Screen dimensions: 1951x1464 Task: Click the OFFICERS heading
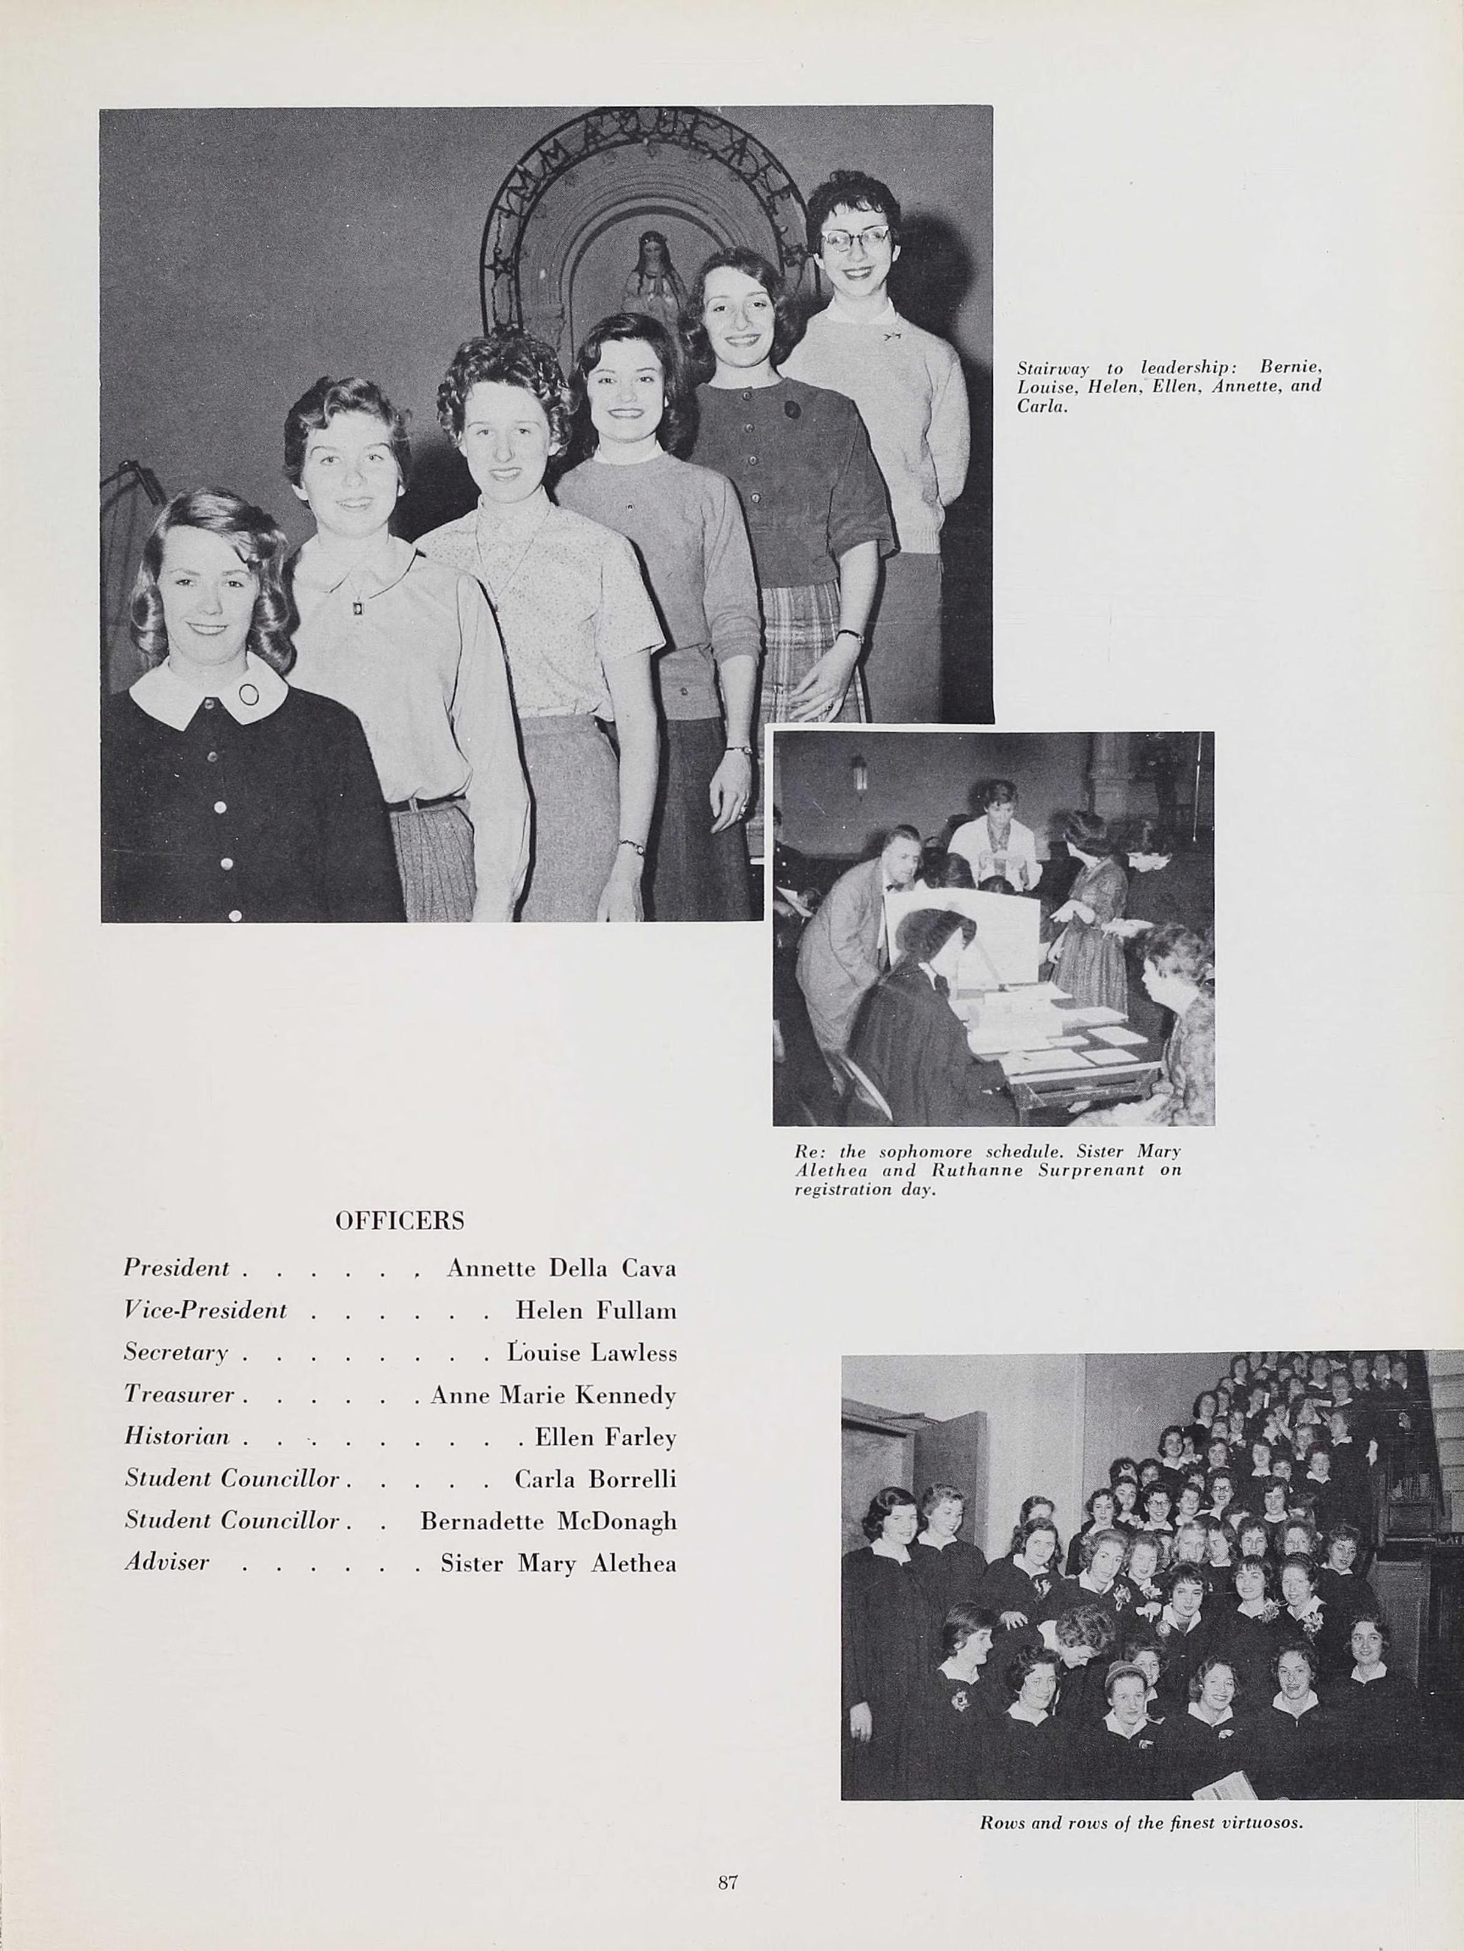click(400, 1221)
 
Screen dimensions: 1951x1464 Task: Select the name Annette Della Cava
click(561, 1268)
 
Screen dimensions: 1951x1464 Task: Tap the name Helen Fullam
click(595, 1310)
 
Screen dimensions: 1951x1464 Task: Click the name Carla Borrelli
click(595, 1478)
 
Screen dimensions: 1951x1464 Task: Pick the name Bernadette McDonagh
click(548, 1520)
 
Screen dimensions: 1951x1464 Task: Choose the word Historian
click(176, 1437)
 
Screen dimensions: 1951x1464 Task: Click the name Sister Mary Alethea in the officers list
click(558, 1564)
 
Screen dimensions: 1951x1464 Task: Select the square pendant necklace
click(358, 608)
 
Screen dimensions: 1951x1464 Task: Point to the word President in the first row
click(176, 1268)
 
